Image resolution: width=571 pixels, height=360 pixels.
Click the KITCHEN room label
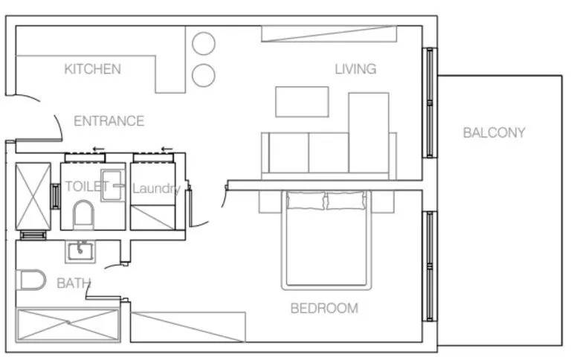tap(92, 69)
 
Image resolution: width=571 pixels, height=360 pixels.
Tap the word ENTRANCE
tap(109, 120)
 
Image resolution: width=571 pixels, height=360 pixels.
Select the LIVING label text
tap(355, 69)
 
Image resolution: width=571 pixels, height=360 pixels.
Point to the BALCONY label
tap(494, 133)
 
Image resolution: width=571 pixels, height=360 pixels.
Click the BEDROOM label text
tap(323, 308)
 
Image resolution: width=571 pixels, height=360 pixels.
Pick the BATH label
tap(74, 283)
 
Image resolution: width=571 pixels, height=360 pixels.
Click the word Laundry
tap(155, 188)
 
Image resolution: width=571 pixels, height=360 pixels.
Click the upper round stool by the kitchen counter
tap(203, 44)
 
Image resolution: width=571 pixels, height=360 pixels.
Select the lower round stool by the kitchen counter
tap(203, 75)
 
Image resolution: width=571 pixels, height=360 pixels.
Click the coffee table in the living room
tap(302, 102)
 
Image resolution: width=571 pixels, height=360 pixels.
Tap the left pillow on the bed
tap(306, 200)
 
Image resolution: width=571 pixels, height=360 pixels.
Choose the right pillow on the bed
tap(346, 200)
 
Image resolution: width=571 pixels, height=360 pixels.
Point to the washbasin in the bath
tap(80, 251)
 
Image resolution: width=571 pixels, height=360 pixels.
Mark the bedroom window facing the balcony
tap(429, 266)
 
